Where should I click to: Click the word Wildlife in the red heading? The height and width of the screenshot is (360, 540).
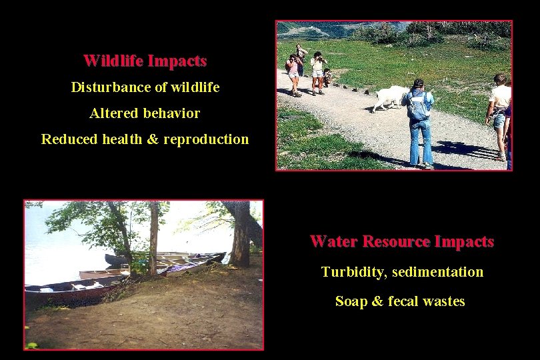pos(114,61)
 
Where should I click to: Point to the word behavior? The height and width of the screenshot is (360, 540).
pos(171,113)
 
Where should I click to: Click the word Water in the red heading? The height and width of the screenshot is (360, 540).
pos(335,241)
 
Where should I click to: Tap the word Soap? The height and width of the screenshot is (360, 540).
pos(351,301)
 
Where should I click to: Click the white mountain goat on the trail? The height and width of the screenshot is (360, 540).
pos(390,96)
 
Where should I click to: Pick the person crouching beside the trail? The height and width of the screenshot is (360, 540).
pos(327,77)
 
